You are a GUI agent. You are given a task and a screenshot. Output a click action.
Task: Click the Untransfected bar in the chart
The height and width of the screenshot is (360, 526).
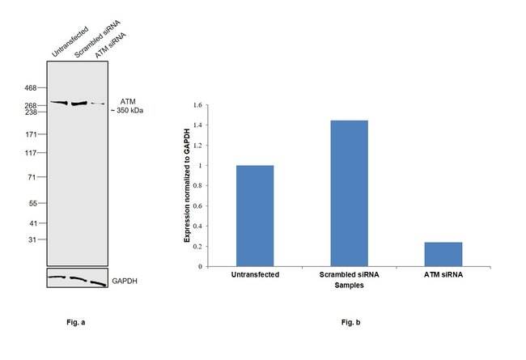tap(255, 215)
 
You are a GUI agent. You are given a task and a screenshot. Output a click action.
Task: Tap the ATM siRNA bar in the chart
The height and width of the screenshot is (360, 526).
tap(443, 253)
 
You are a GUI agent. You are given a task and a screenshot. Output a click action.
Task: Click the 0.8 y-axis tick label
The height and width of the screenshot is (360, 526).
tap(195, 186)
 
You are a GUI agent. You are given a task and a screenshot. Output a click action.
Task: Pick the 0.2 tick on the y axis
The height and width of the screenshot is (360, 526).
tap(195, 246)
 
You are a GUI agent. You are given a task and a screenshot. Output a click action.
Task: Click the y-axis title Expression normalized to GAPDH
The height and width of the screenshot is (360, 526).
tap(187, 186)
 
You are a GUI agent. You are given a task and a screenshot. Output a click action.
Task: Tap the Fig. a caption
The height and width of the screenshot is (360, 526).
tap(76, 323)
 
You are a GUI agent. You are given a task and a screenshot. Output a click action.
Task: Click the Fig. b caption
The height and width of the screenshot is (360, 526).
tap(350, 323)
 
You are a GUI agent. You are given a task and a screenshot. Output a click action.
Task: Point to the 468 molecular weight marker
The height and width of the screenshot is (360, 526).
tap(32, 87)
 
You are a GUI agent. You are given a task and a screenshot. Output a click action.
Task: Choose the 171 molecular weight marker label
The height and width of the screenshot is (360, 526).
tap(32, 134)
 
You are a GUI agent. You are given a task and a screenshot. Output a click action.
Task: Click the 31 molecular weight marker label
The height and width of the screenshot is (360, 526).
tap(34, 239)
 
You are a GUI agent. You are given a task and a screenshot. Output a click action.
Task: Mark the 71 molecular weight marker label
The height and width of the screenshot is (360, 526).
tap(34, 176)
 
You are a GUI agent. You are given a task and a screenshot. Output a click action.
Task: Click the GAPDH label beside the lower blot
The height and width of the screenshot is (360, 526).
tap(125, 280)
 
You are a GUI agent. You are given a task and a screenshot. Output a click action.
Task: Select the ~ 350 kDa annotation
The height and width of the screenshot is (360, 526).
tap(128, 110)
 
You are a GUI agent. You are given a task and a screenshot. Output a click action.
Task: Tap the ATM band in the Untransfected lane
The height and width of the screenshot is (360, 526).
tap(59, 103)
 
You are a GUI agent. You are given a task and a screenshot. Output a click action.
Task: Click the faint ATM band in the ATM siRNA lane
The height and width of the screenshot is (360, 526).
tap(98, 104)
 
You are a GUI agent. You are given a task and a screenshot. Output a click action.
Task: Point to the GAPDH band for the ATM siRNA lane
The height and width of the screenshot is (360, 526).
tap(98, 282)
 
